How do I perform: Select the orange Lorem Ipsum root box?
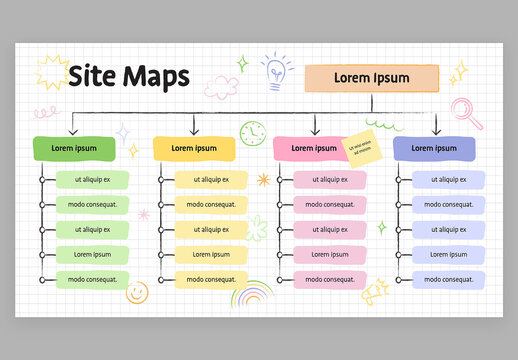point(371,78)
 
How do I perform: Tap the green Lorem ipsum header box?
point(74,148)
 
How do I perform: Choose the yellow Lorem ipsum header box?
point(194,148)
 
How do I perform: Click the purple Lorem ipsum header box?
point(433,148)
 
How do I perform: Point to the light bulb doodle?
point(274,71)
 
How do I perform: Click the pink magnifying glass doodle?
point(465,110)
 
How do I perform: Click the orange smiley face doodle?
point(137,293)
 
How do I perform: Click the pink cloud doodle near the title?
point(223,85)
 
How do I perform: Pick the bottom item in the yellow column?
point(210,279)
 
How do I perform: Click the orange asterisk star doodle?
point(263,180)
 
